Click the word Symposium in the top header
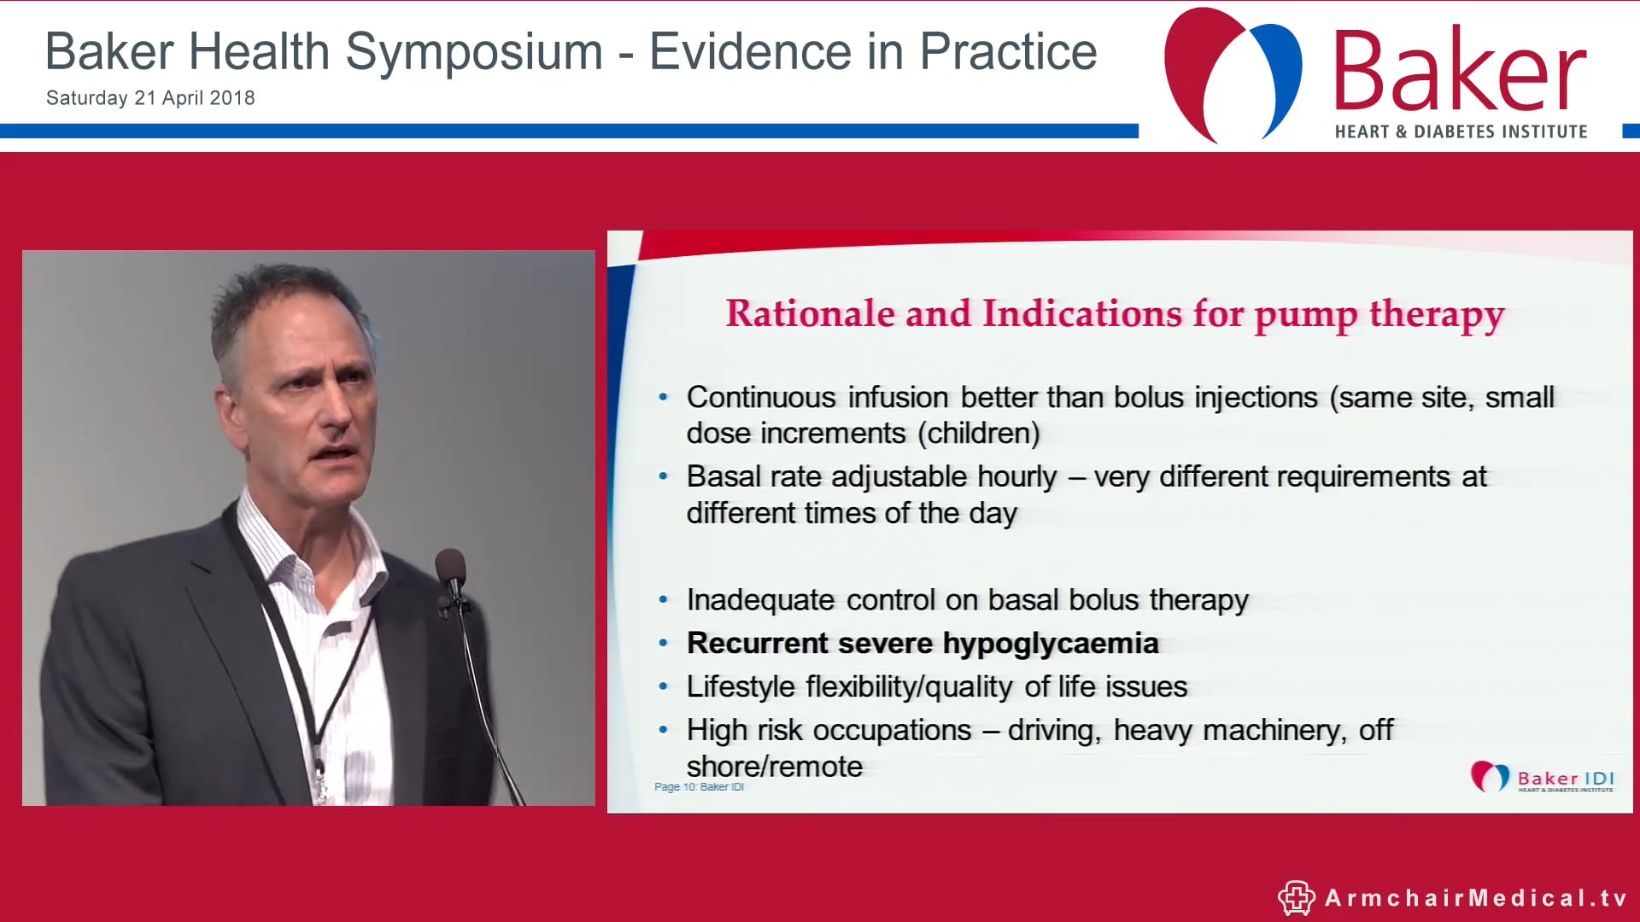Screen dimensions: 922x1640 coord(474,53)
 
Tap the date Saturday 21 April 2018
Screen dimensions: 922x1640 coord(150,98)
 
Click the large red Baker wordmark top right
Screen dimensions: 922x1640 coord(1459,72)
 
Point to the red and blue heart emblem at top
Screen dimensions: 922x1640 coord(1233,75)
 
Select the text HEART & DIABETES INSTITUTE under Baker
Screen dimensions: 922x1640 coord(1461,131)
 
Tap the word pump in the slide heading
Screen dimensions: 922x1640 coord(1306,315)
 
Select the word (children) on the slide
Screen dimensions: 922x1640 coord(978,434)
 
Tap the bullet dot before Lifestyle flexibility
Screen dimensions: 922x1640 coord(664,687)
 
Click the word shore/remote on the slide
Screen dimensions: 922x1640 coord(774,767)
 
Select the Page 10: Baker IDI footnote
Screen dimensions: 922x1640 coord(699,787)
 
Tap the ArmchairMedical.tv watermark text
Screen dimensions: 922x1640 coord(1475,898)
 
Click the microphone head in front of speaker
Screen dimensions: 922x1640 coord(450,568)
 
